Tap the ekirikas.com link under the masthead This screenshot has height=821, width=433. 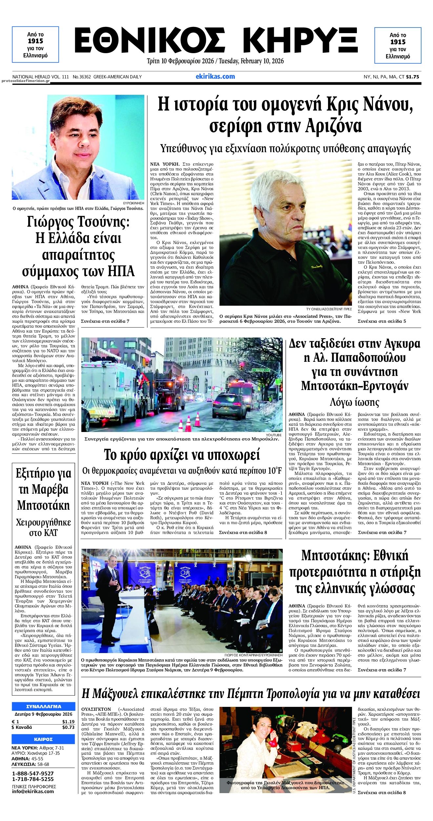[x=215, y=76]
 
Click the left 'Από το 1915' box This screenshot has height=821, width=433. [x=35, y=45]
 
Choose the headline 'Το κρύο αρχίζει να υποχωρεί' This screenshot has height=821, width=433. [x=181, y=455]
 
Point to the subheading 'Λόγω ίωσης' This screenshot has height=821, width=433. [x=354, y=402]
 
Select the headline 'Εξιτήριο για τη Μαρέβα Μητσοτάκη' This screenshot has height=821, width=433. [x=44, y=489]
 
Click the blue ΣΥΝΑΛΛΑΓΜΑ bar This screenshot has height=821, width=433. [x=43, y=706]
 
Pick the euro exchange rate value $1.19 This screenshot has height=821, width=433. [x=68, y=722]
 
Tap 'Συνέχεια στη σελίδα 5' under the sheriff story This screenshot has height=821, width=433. [x=382, y=321]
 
